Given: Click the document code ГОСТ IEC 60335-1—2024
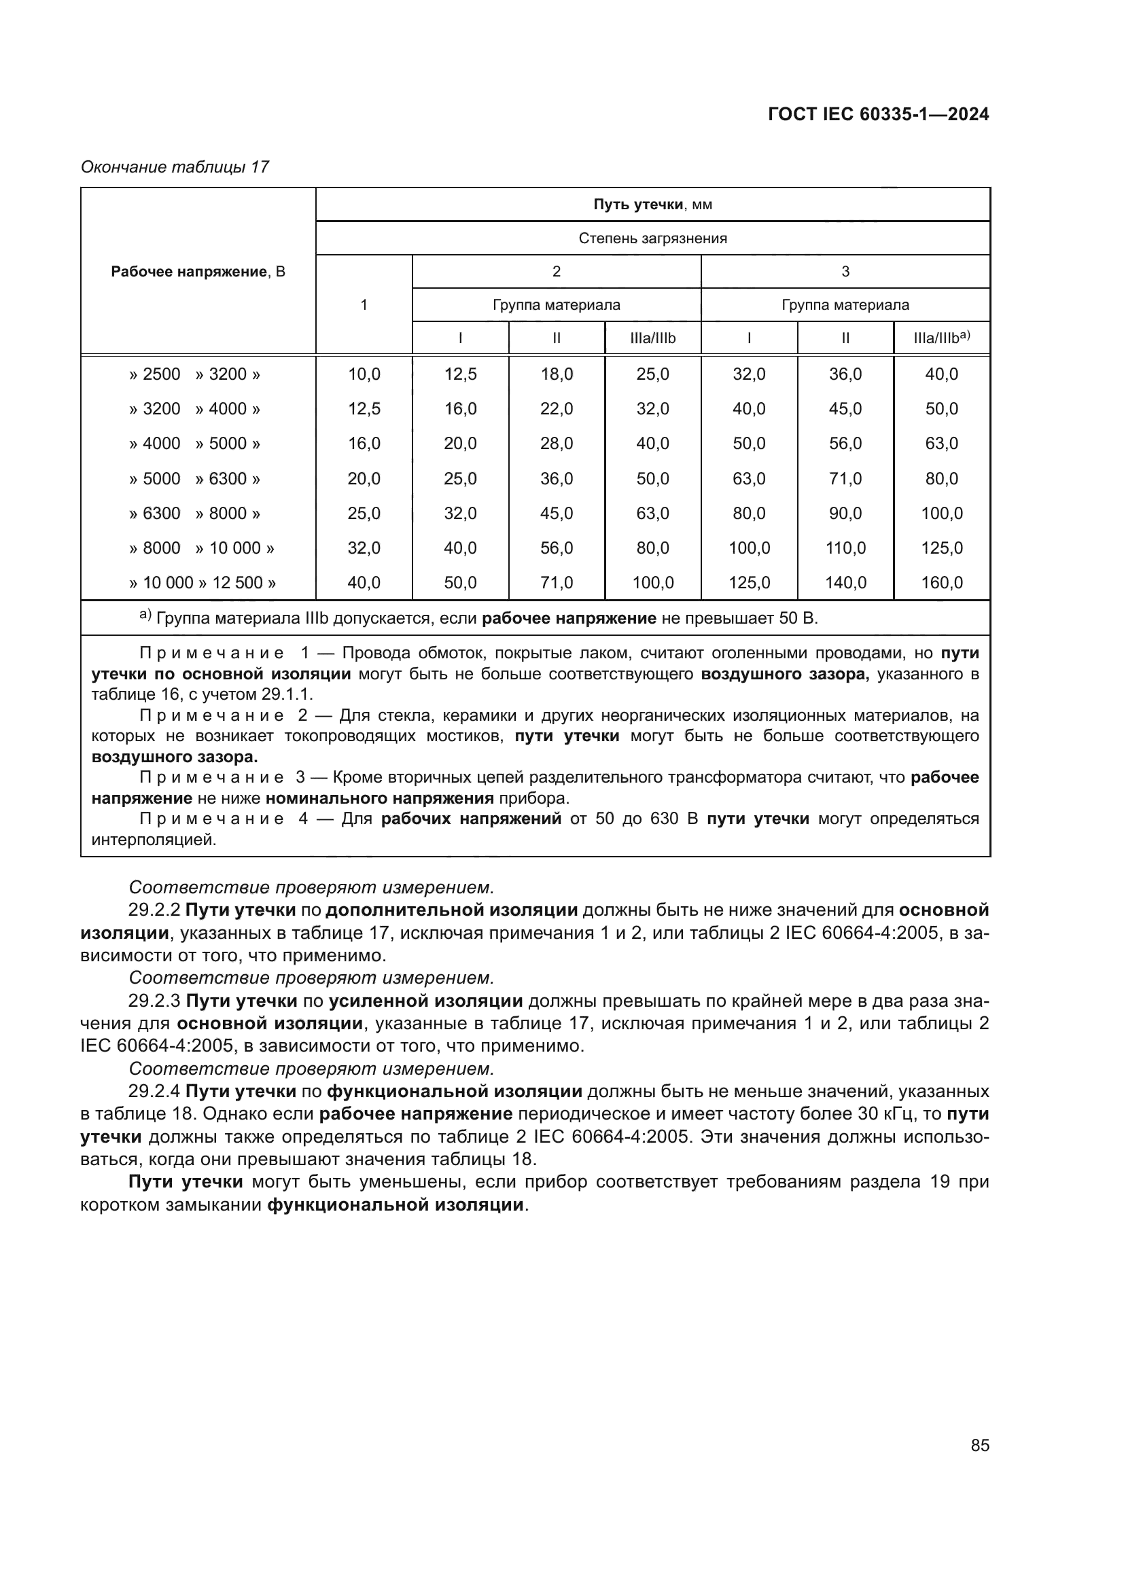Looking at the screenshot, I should point(878,115).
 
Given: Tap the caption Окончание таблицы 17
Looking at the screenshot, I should point(175,167).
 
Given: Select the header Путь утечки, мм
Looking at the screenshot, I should point(652,204).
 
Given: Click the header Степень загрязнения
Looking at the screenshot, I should point(652,238).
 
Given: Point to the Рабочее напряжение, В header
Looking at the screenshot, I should point(198,271).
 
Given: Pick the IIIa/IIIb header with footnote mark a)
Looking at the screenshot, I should point(941,338).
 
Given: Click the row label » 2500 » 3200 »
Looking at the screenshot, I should point(194,374).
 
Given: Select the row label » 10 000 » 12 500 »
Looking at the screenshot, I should point(202,583).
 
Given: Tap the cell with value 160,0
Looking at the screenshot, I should point(941,583).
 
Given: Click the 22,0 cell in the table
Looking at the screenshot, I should point(557,409).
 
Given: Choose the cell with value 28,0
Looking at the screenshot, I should point(557,444).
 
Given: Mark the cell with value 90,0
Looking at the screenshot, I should point(845,514).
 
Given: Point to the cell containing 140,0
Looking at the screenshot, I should point(845,583).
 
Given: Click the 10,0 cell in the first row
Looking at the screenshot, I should point(364,374).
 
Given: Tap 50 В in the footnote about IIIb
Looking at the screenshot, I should point(798,618).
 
